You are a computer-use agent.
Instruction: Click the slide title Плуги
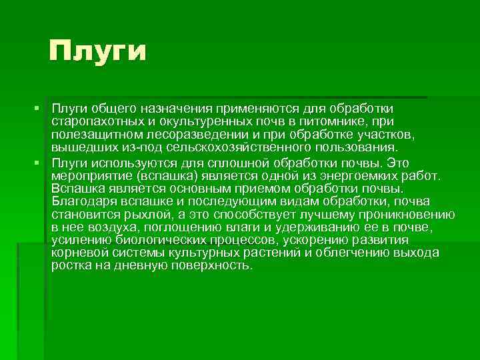click(x=97, y=50)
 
